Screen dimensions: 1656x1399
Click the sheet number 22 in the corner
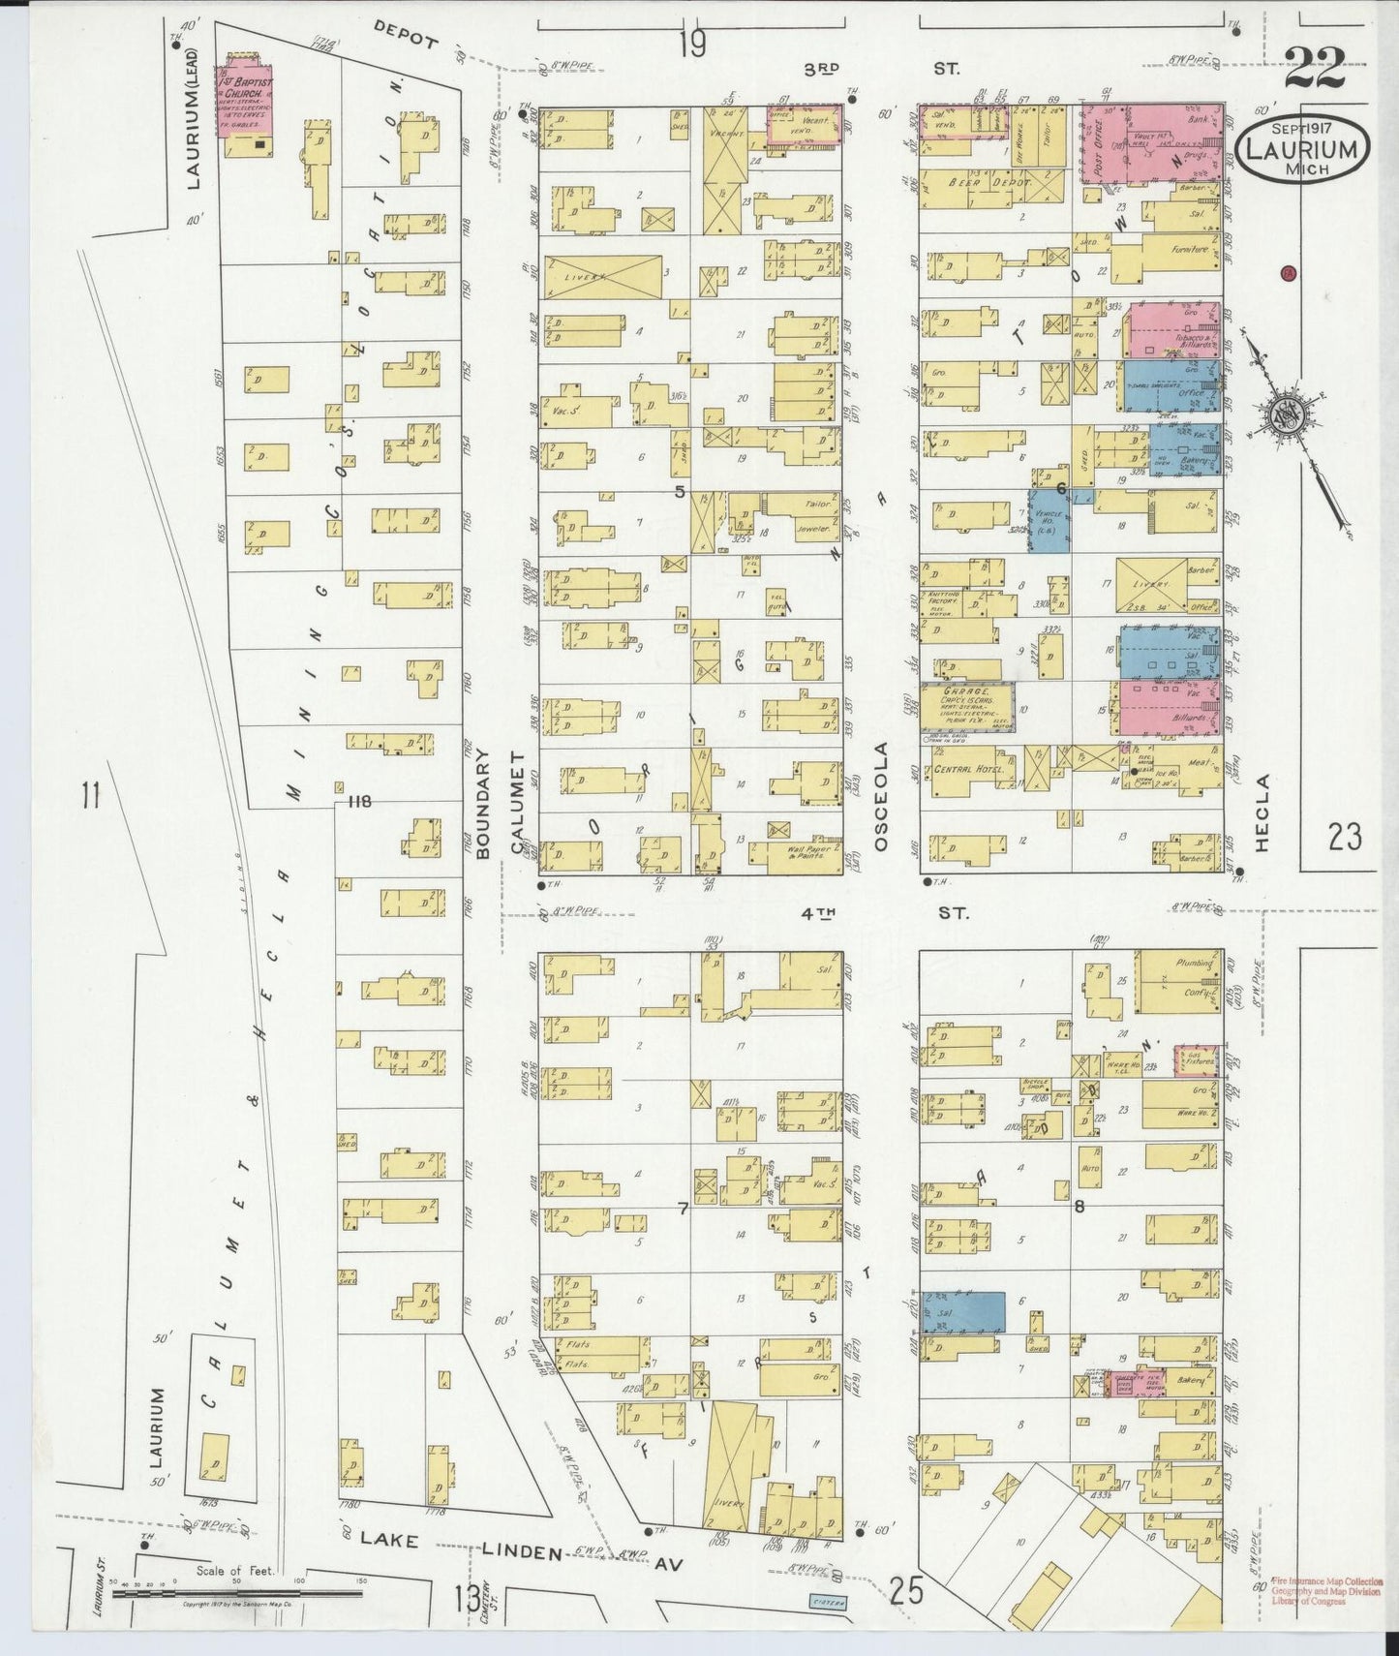tap(1316, 68)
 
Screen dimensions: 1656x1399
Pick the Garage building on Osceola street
tap(966, 707)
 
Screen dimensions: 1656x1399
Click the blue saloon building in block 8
tap(961, 1311)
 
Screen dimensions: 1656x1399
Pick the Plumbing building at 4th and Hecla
tap(1177, 981)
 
